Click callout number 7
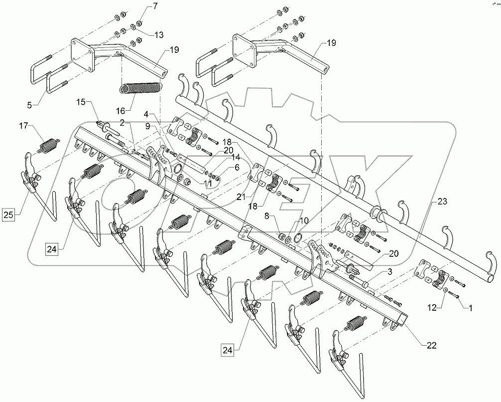140,6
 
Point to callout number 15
80,102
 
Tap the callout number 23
443,202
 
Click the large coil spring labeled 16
141,88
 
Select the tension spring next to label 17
48,146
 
